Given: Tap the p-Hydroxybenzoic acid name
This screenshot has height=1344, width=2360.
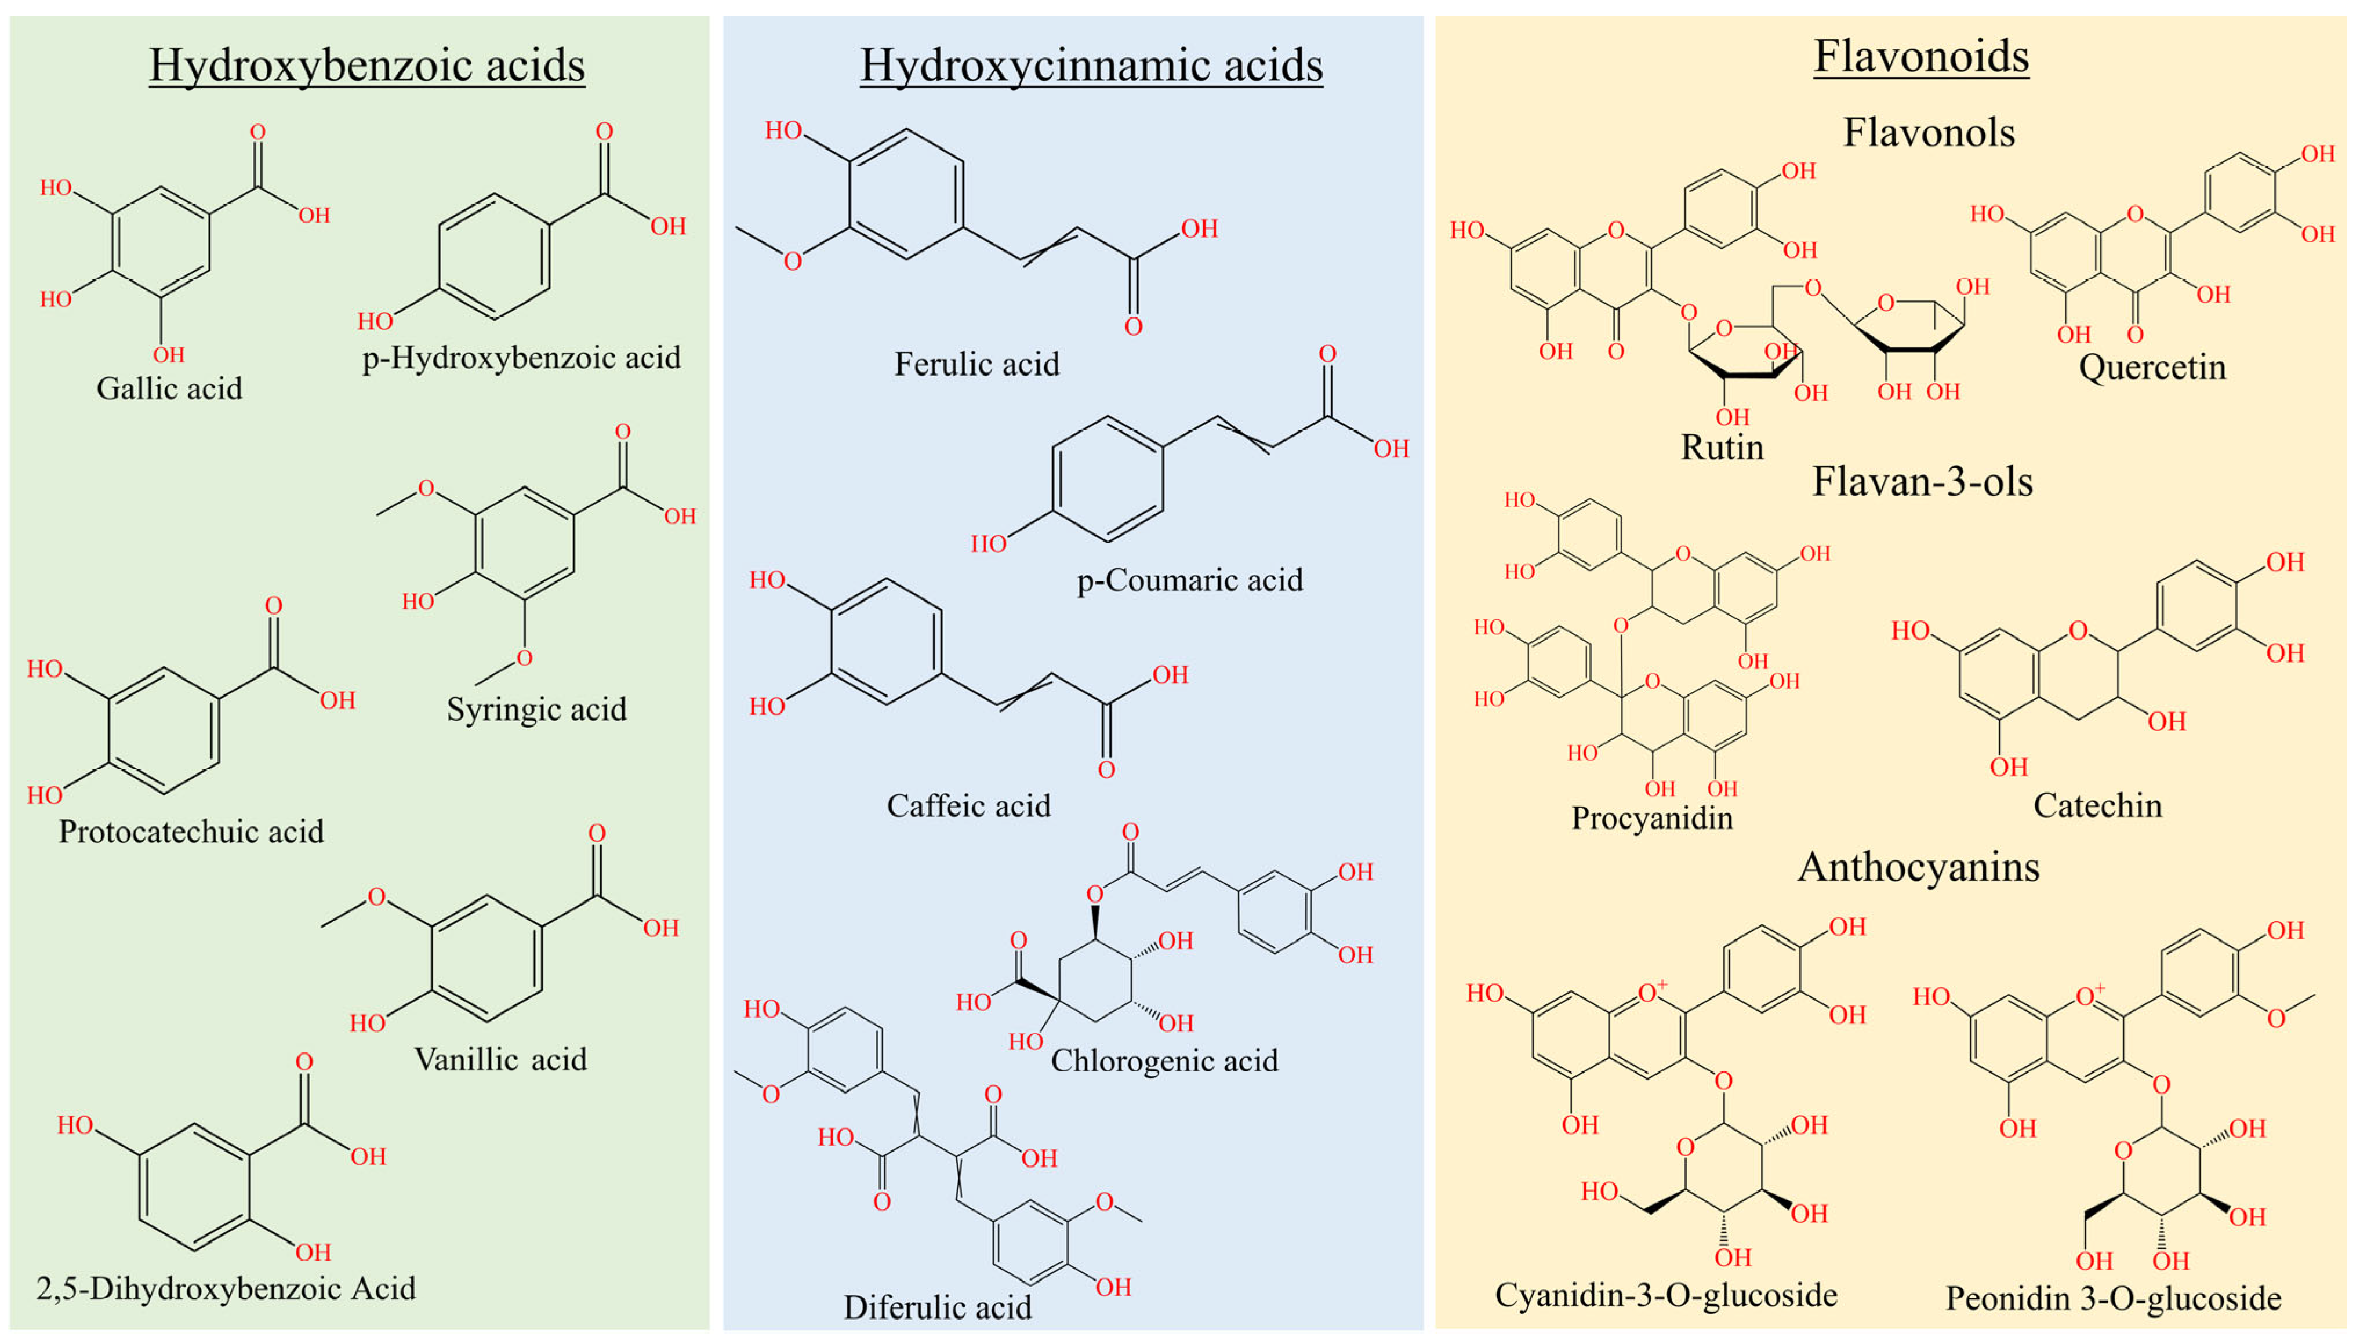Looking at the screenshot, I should point(521,358).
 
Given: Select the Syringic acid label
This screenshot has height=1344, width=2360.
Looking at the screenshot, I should point(536,710).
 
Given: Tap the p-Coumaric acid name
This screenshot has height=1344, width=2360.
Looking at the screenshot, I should point(1190,580).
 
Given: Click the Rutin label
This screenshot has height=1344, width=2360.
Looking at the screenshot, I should point(1722,448).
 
